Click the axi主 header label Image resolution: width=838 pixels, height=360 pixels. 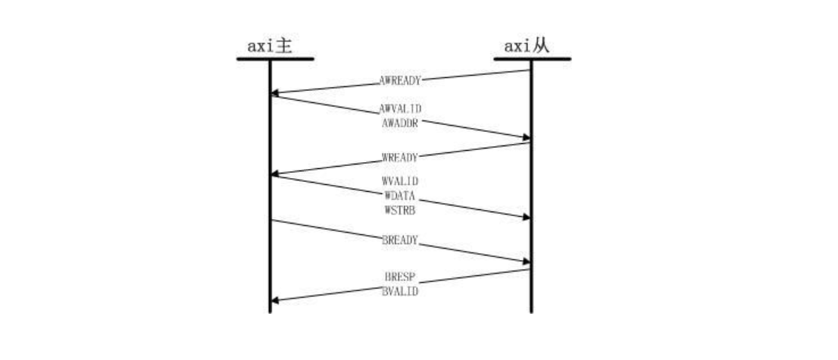(270, 46)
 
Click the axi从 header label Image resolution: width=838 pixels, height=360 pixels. (527, 46)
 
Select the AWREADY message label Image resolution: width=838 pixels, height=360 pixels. (400, 81)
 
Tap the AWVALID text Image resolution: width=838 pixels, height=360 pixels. (400, 108)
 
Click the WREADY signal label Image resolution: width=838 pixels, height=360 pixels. (400, 158)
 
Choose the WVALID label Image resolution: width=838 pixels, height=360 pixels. (400, 182)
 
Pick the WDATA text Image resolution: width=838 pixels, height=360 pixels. (400, 196)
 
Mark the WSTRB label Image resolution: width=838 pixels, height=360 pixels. (400, 211)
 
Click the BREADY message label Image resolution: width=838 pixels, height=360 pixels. (400, 240)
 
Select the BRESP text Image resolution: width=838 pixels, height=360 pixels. (400, 277)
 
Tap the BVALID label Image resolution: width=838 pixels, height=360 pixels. (400, 292)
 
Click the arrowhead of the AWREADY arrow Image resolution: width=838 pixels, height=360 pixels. (275, 94)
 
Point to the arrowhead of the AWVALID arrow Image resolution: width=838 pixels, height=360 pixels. (527, 138)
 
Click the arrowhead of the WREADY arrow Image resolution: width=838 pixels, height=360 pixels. (275, 174)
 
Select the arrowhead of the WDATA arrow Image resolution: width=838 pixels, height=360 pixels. (527, 218)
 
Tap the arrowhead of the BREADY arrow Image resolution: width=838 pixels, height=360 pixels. (527, 261)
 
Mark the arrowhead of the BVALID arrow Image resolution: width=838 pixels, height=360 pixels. (275, 301)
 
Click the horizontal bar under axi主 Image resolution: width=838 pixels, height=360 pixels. (275, 59)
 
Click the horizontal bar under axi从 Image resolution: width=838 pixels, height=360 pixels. (533, 59)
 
